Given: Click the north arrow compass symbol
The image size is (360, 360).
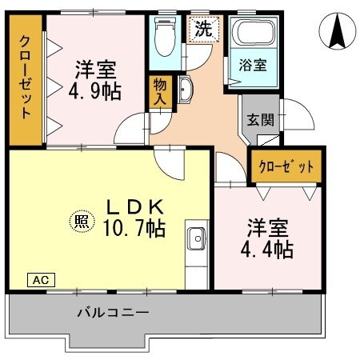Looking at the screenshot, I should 337,33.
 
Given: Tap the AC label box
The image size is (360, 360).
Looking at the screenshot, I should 41,280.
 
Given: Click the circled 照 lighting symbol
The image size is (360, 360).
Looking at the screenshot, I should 79,219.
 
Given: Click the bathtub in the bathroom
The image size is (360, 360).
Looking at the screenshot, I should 253,35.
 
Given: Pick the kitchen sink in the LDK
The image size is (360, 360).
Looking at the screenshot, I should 195,238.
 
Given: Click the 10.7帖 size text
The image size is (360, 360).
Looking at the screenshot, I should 133,228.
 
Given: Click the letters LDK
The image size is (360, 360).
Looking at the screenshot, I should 135,205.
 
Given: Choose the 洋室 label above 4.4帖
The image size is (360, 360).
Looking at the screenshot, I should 269,226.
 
